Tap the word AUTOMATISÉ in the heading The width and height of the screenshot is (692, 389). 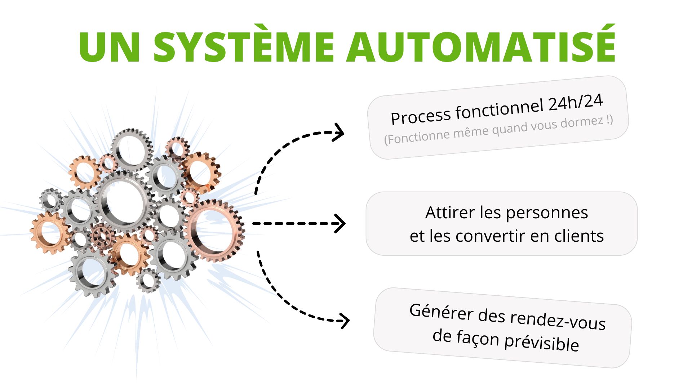pos(481,47)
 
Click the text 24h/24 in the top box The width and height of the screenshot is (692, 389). pos(576,103)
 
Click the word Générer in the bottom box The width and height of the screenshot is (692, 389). pos(441,311)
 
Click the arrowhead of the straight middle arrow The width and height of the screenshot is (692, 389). pos(340,223)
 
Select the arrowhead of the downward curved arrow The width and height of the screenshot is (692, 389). pos(345,321)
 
